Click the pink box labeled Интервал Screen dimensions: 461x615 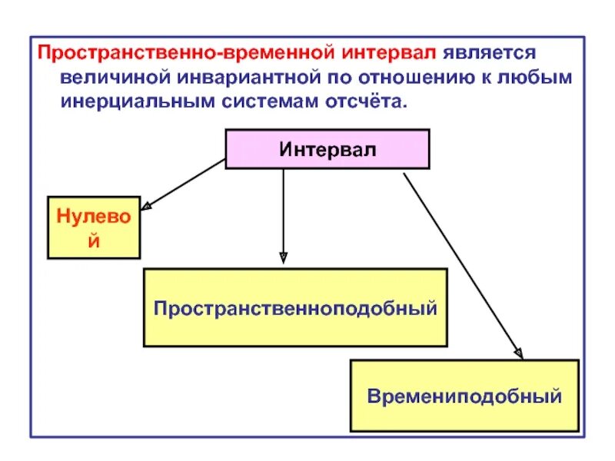coord(327,149)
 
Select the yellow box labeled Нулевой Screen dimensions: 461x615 coord(94,227)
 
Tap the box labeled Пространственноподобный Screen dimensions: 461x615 coord(295,307)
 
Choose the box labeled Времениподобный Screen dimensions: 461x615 coord(464,396)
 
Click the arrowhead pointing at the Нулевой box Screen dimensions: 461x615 coord(147,206)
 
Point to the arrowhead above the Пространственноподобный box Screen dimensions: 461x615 coord(283,257)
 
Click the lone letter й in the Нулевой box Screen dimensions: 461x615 coord(94,240)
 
